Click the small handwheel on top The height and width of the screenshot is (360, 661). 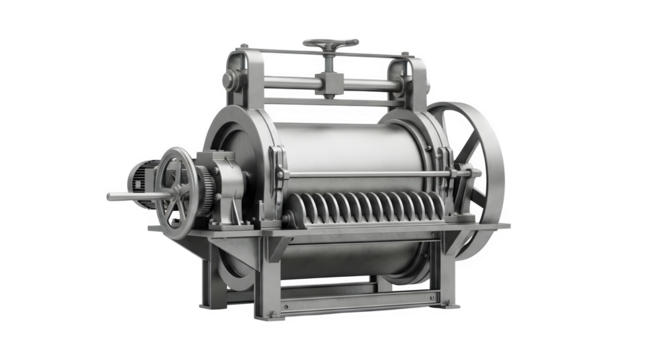[x=330, y=44]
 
